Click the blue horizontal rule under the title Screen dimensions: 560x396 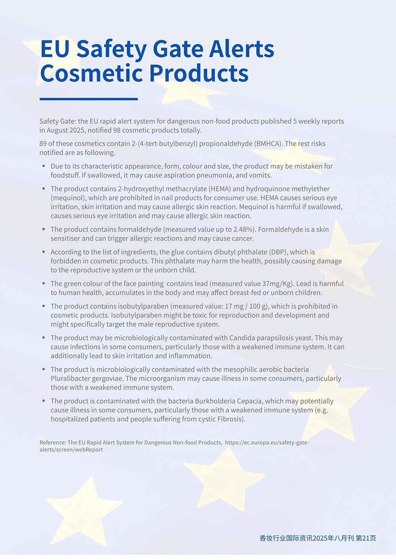tap(89, 99)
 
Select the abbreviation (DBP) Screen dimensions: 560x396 tap(278, 252)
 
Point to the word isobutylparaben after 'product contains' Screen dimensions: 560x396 tap(143, 306)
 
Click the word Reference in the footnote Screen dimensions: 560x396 tap(53, 443)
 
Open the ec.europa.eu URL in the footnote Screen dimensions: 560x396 tap(267, 443)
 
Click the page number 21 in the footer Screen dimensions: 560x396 tap(366, 538)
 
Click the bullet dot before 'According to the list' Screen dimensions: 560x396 tap(44, 252)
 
